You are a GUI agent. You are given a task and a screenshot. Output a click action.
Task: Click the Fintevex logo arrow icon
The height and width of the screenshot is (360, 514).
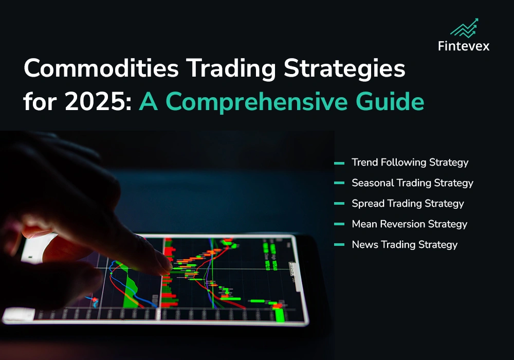(464, 28)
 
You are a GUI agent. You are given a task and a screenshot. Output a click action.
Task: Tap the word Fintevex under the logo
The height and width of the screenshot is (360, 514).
(464, 46)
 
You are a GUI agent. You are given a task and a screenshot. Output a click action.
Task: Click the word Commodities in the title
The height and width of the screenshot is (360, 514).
(101, 68)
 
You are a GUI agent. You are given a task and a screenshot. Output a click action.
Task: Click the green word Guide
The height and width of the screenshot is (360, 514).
(390, 101)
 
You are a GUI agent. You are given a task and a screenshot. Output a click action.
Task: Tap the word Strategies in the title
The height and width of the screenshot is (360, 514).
(344, 69)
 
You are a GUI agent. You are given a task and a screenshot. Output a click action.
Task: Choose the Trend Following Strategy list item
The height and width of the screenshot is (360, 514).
(410, 163)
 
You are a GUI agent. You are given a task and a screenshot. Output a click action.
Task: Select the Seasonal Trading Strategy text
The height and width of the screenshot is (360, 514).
(412, 183)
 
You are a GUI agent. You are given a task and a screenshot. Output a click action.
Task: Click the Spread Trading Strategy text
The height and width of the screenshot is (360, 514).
(408, 204)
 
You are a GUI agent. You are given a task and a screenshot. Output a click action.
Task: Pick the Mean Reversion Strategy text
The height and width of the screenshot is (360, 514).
(410, 224)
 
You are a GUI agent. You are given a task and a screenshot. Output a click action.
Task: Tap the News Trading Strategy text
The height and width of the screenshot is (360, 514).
(405, 245)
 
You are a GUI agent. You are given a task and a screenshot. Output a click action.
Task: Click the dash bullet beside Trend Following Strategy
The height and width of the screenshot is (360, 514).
(339, 163)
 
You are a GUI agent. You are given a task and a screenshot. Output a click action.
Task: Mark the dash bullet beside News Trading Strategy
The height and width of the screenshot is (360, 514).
(339, 245)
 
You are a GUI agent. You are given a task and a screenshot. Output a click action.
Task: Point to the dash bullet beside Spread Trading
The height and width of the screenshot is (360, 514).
(339, 204)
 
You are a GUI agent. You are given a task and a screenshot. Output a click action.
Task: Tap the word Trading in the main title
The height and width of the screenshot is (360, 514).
(231, 69)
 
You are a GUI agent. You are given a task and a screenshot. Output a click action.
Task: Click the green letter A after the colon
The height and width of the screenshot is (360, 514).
(149, 101)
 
